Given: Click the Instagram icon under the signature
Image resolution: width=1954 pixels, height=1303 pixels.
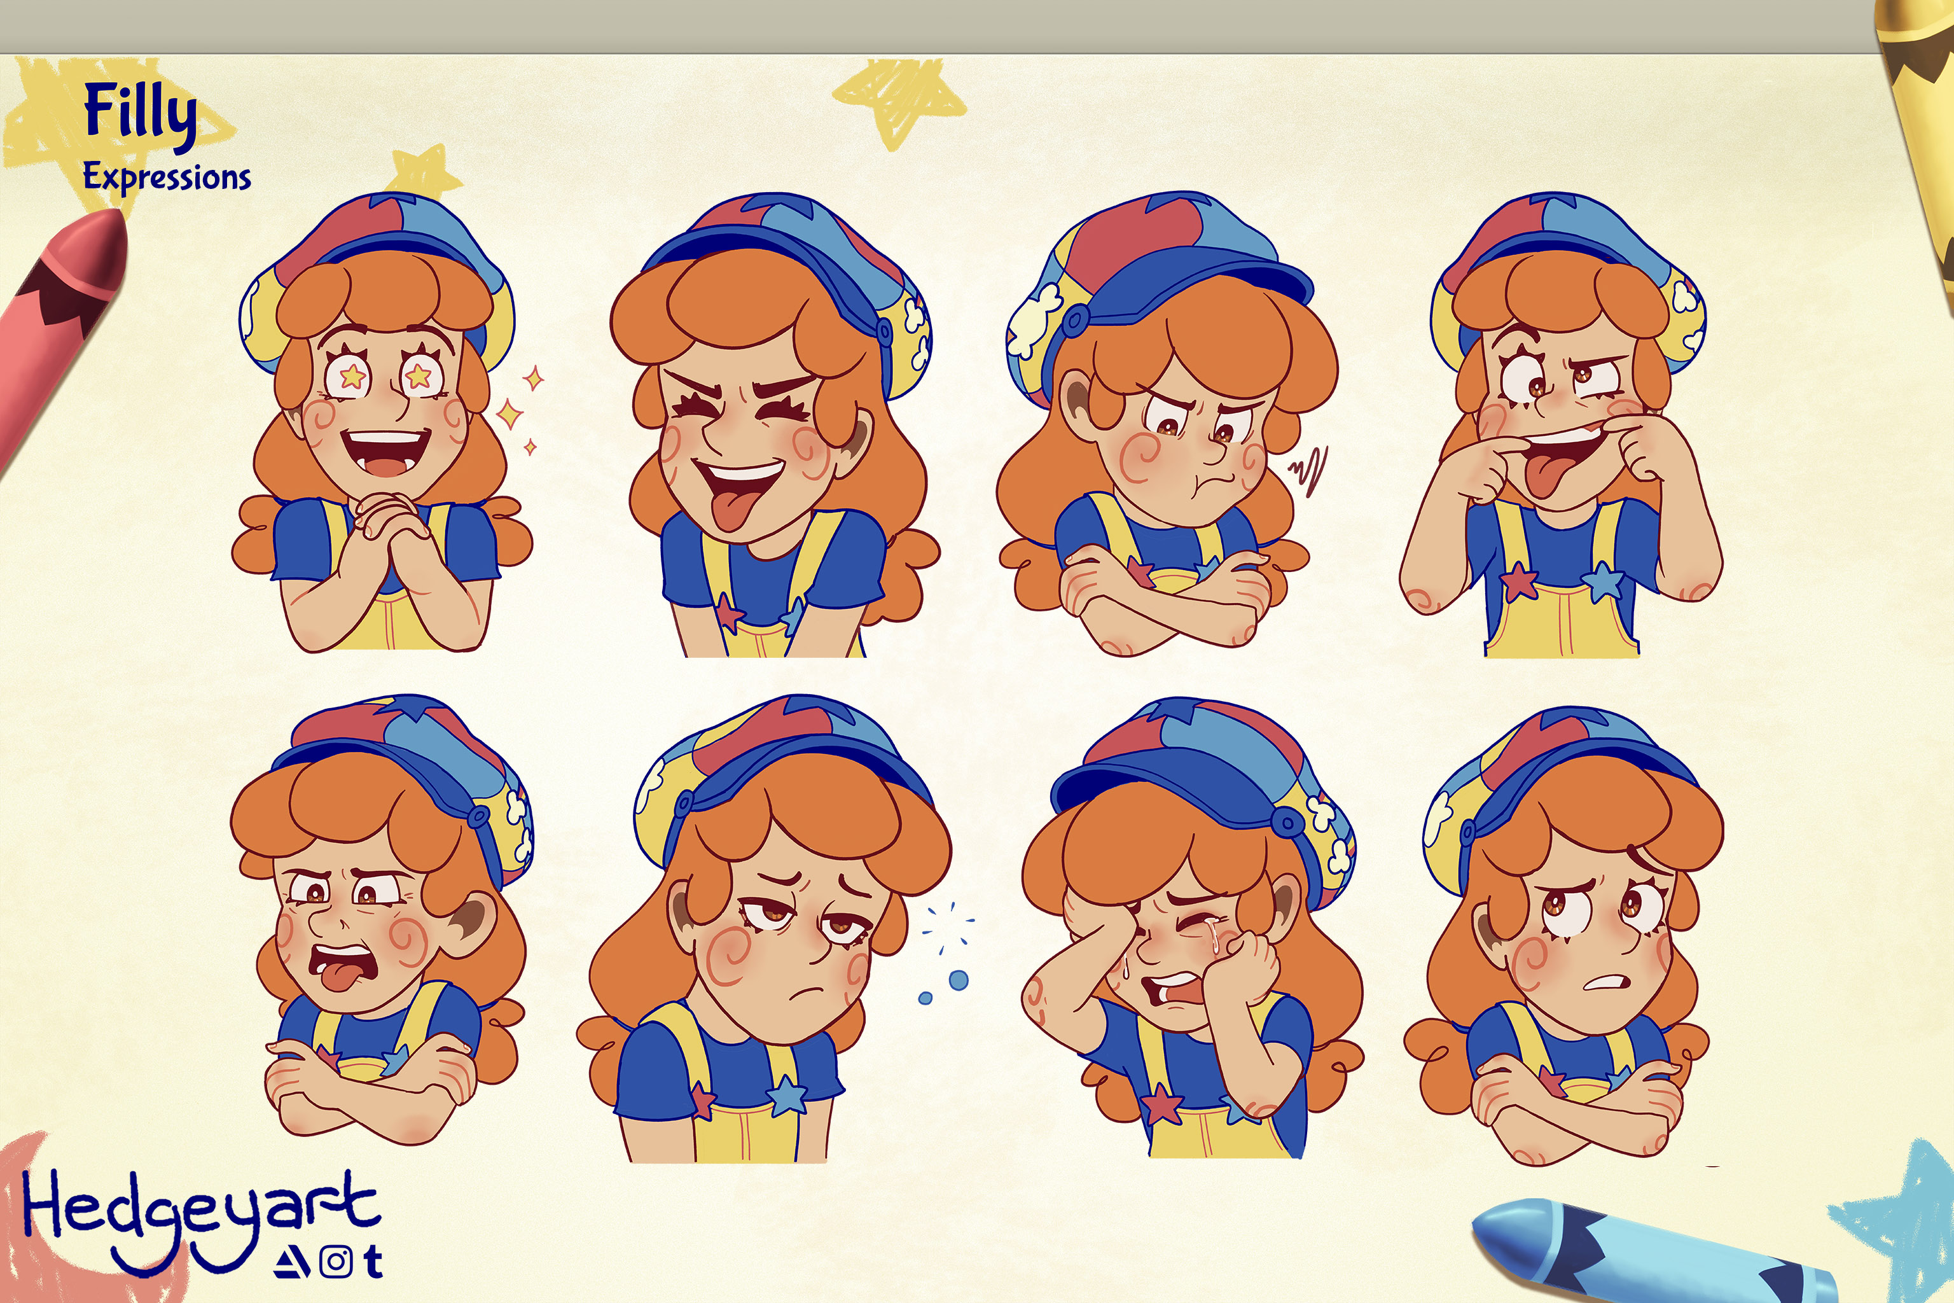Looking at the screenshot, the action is point(336,1262).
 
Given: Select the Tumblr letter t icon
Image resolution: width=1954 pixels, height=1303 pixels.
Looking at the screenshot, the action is point(373,1260).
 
